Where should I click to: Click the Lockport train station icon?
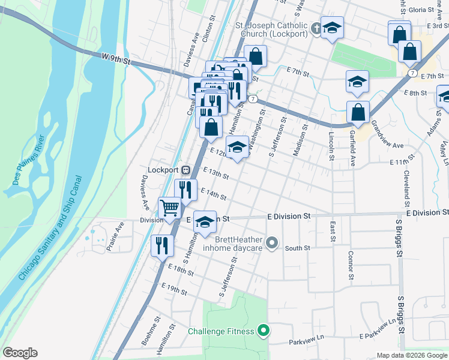point(186,170)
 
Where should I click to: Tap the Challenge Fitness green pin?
point(263,331)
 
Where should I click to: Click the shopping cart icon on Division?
point(170,208)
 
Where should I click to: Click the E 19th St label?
point(175,290)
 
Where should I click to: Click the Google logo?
point(20,353)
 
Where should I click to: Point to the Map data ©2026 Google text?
point(412,355)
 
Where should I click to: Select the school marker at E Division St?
point(205,222)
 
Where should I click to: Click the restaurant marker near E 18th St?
point(162,245)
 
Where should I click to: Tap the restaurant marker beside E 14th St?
point(186,190)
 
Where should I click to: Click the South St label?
point(297,248)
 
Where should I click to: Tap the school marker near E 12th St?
point(237,148)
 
